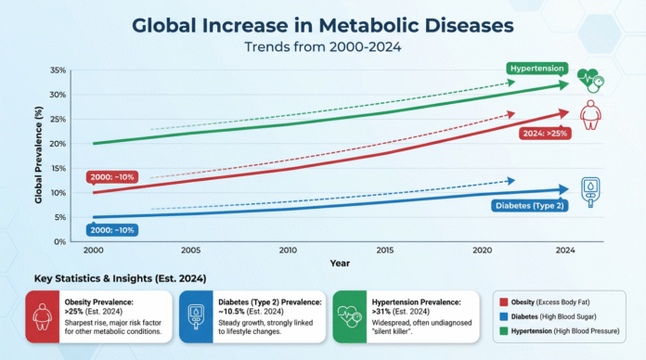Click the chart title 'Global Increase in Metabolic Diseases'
click(x=323, y=24)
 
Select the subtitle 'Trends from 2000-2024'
click(x=323, y=46)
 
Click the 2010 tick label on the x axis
click(x=288, y=251)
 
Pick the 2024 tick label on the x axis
click(x=562, y=251)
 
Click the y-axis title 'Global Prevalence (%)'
click(x=38, y=156)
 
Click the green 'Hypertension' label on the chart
click(x=537, y=69)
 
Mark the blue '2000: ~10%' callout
click(x=111, y=230)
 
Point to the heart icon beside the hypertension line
click(x=588, y=80)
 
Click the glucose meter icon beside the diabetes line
click(x=588, y=190)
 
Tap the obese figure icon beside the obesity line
click(x=588, y=116)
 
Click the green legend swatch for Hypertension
click(x=502, y=331)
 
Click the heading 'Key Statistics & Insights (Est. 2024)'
click(x=114, y=277)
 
